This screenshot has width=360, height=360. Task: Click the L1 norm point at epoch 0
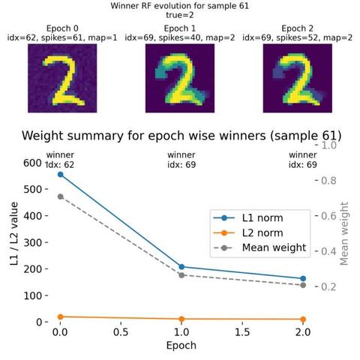point(60,175)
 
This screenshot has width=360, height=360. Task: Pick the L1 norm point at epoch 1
point(181,267)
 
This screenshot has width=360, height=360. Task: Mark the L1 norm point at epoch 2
point(303,278)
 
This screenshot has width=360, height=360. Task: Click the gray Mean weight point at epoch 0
point(60,196)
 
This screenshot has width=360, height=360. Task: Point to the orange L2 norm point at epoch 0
point(60,316)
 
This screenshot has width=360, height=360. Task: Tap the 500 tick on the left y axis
point(32,189)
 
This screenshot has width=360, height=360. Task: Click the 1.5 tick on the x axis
point(242,332)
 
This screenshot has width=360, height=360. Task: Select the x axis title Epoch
point(181,346)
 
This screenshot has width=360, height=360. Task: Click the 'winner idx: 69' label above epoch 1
point(181,160)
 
